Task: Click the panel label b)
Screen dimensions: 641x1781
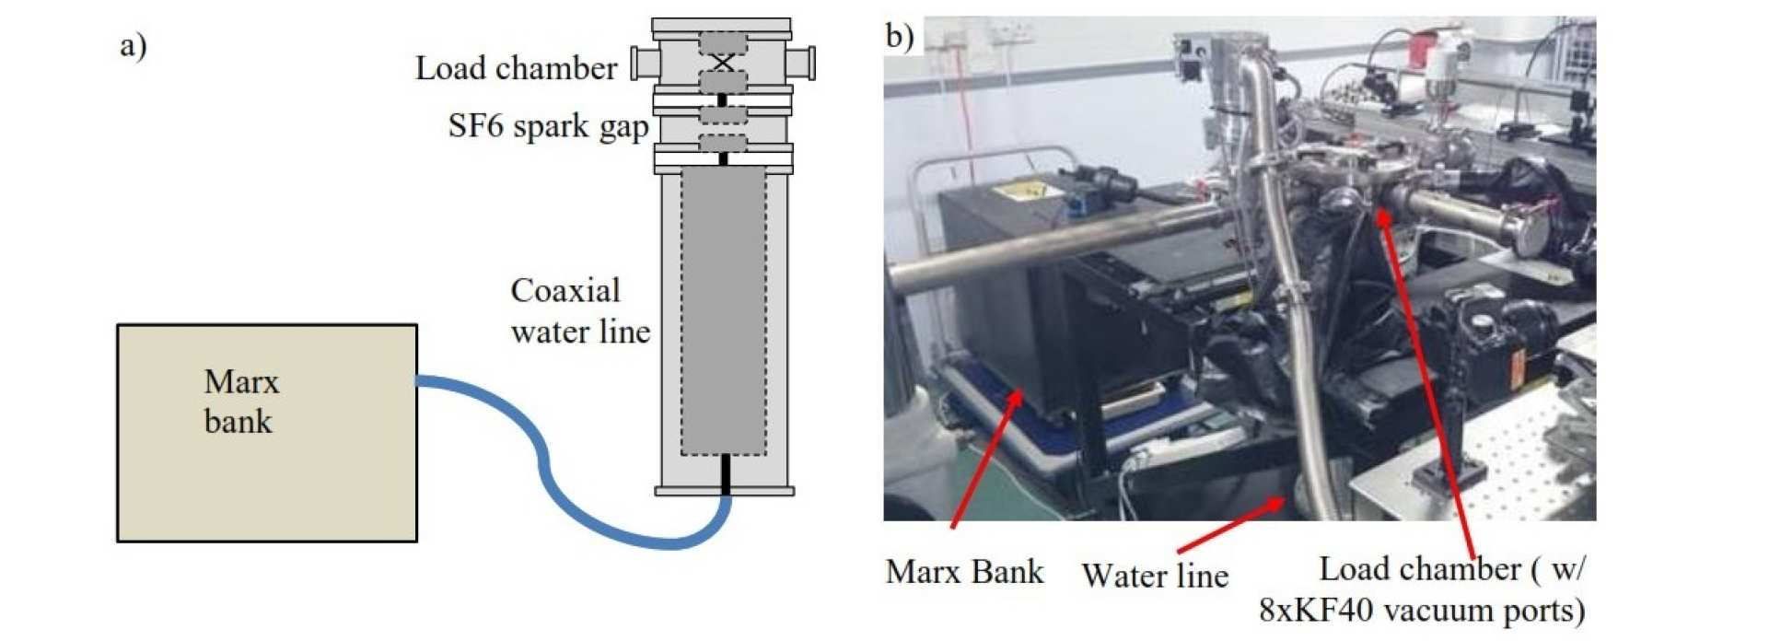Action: tap(900, 36)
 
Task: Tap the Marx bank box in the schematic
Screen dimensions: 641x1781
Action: tap(266, 433)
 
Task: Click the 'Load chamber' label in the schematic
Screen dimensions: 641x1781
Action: tap(516, 68)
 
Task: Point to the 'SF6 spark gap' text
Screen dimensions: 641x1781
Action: tap(548, 126)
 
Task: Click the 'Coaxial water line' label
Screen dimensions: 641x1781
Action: tap(580, 310)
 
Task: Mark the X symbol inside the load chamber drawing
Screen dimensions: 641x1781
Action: tap(723, 63)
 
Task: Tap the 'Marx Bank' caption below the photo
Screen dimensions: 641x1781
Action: tap(964, 571)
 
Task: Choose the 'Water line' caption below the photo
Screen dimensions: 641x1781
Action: tap(1155, 576)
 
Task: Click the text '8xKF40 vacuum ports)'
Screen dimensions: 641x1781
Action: tap(1422, 610)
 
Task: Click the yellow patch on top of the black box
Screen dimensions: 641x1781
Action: tap(1019, 191)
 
